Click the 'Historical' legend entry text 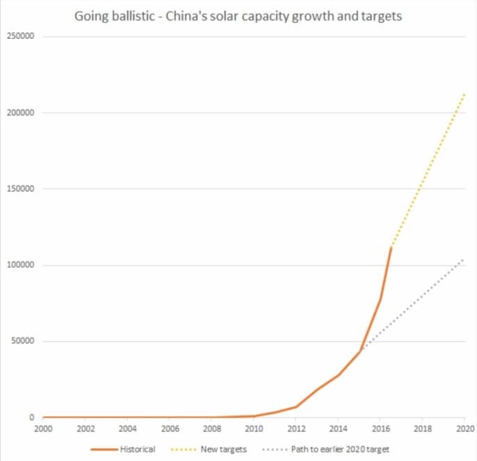(x=137, y=450)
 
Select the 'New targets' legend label (x=224, y=450)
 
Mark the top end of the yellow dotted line (x=464, y=93)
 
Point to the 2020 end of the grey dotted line (x=464, y=259)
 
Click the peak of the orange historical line (x=391, y=247)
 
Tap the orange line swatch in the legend (x=104, y=450)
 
